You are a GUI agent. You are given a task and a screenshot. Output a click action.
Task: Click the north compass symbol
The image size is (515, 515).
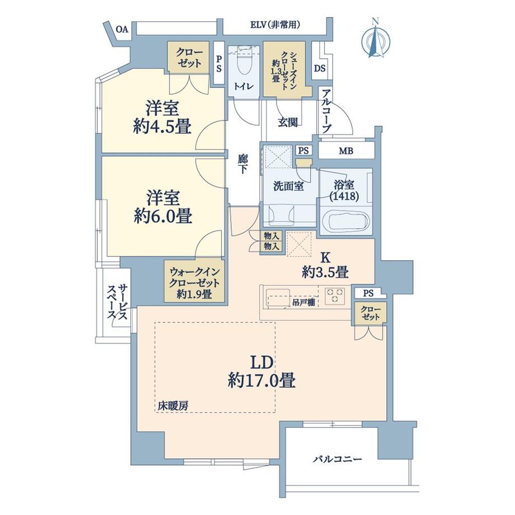(376, 39)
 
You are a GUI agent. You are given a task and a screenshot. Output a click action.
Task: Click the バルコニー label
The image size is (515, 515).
(337, 459)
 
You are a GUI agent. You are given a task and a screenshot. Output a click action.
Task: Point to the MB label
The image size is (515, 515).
(346, 151)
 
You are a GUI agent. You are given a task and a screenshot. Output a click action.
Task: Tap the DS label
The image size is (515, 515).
(320, 68)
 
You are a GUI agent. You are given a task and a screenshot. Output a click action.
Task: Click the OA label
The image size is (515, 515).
(121, 29)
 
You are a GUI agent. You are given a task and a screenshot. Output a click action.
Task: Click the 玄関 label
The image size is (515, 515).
(287, 123)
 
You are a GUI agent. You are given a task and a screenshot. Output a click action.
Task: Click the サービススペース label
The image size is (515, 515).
(119, 303)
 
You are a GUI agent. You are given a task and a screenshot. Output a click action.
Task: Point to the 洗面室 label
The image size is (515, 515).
(288, 186)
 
